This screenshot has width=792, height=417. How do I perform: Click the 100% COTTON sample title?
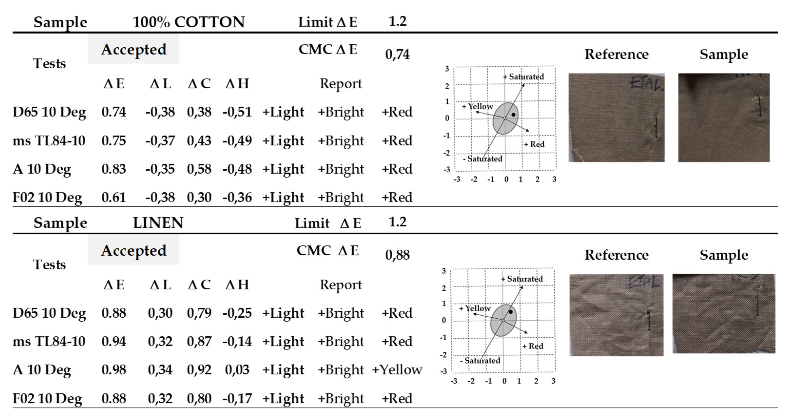[x=188, y=22]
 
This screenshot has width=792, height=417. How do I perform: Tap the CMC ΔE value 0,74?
[x=397, y=54]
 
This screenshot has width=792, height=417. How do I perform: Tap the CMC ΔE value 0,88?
[x=397, y=255]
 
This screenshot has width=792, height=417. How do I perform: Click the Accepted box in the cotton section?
[x=134, y=50]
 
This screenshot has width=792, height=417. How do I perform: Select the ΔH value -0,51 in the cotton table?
[x=237, y=112]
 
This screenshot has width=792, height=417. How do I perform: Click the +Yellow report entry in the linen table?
[x=397, y=370]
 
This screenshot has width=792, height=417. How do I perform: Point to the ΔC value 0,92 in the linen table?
[x=199, y=370]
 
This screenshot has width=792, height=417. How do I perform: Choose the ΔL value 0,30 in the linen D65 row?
[x=160, y=313]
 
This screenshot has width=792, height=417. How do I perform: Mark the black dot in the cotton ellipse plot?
[x=513, y=115]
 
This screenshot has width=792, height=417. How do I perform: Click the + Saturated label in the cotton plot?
[x=524, y=77]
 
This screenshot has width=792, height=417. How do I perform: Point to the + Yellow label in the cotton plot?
[x=477, y=106]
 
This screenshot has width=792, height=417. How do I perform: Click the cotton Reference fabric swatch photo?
[x=617, y=118]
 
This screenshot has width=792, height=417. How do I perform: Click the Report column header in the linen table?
[x=341, y=285]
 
